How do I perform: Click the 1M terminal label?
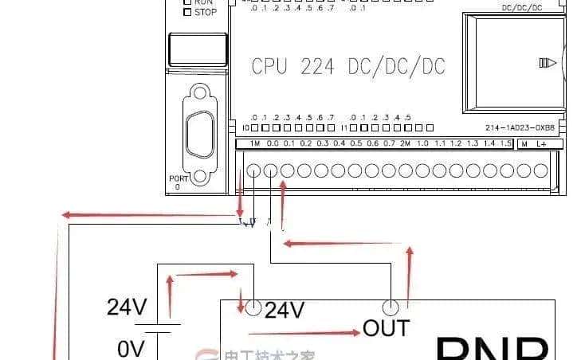click(255, 143)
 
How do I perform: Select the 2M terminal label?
click(406, 143)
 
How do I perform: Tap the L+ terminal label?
click(541, 143)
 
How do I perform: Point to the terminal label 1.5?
click(505, 143)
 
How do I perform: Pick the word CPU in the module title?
click(269, 66)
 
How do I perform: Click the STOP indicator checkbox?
click(187, 12)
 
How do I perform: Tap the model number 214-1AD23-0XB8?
click(520, 127)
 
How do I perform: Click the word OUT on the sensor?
click(386, 327)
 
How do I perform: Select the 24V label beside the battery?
click(127, 307)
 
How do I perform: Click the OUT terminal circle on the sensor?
click(391, 307)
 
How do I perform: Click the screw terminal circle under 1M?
click(254, 170)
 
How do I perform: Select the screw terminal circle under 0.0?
click(271, 170)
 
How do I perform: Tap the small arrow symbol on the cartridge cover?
click(548, 62)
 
